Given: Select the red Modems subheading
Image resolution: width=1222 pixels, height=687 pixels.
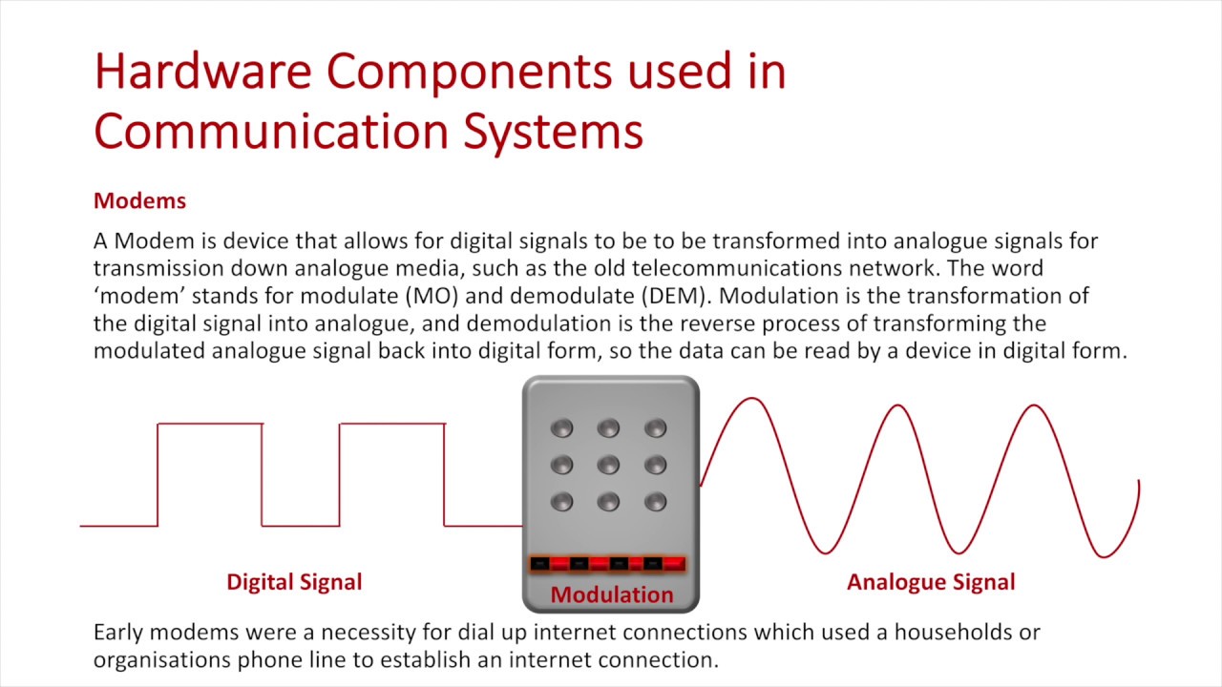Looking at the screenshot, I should (139, 201).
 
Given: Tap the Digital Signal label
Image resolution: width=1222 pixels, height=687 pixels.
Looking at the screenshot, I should (294, 582).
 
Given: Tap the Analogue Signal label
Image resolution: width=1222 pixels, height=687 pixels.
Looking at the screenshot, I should (931, 582).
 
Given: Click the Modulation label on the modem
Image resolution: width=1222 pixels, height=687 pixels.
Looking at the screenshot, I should (611, 595).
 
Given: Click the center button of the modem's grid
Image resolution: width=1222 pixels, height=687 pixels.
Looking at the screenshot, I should (608, 465).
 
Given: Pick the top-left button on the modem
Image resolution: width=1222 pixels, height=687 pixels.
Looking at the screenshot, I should (561, 428).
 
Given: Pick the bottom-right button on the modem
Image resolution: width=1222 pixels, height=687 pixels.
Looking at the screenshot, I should (655, 501).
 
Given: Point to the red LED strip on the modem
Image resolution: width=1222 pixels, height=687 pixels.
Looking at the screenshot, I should (608, 564).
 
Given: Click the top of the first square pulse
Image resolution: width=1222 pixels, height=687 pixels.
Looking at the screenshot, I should (210, 424).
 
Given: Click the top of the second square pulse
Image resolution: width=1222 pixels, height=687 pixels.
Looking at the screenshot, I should (391, 424).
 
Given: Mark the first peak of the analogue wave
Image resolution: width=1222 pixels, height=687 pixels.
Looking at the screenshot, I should (752, 399).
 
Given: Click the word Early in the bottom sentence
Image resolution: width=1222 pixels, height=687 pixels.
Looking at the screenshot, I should (120, 632).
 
